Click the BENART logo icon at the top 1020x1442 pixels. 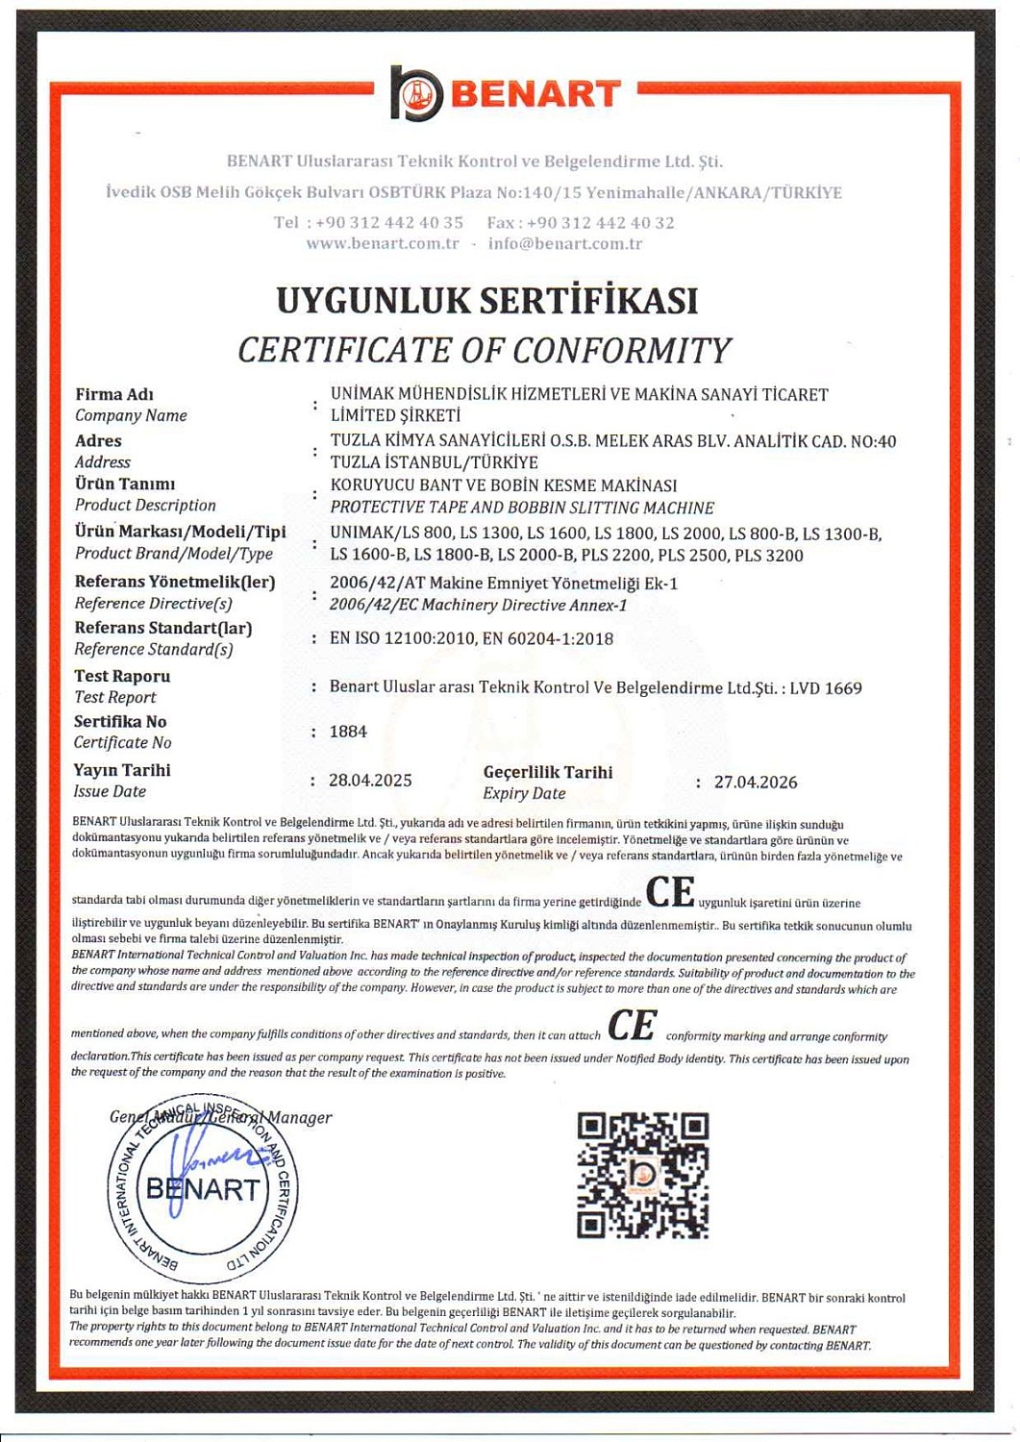[x=416, y=93]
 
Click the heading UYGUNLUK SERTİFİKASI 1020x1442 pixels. [x=486, y=301]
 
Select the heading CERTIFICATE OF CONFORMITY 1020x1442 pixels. [x=485, y=350]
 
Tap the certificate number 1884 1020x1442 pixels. [x=348, y=732]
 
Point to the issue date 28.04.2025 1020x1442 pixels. [x=370, y=781]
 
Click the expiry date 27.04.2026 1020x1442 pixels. [x=756, y=783]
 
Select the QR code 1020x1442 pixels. [x=643, y=1175]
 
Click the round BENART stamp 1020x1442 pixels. [x=202, y=1188]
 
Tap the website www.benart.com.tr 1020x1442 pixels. [x=383, y=243]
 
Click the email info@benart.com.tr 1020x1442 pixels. [x=565, y=243]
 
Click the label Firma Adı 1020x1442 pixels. [x=114, y=394]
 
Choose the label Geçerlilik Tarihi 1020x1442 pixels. [x=548, y=772]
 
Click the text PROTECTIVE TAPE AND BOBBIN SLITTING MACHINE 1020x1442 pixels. [x=522, y=508]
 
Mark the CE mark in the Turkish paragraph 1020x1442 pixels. [x=670, y=892]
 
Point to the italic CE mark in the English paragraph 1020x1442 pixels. [x=632, y=1026]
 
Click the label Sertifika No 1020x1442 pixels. [x=120, y=722]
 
